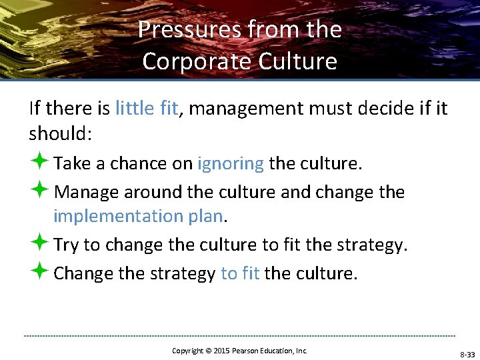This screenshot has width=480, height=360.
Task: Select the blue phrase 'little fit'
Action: click(x=146, y=107)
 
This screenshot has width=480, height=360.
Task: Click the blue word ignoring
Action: click(x=231, y=163)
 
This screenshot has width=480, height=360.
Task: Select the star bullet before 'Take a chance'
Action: click(x=39, y=163)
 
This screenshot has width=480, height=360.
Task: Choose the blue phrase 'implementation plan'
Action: click(x=139, y=216)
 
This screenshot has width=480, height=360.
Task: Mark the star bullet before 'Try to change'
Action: click(x=39, y=244)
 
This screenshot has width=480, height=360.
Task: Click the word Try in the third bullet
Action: click(x=65, y=245)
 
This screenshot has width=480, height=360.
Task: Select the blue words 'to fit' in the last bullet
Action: click(x=240, y=273)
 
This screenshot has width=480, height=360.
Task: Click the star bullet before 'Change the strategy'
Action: click(x=39, y=272)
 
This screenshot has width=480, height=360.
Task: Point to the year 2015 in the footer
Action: click(x=221, y=351)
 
